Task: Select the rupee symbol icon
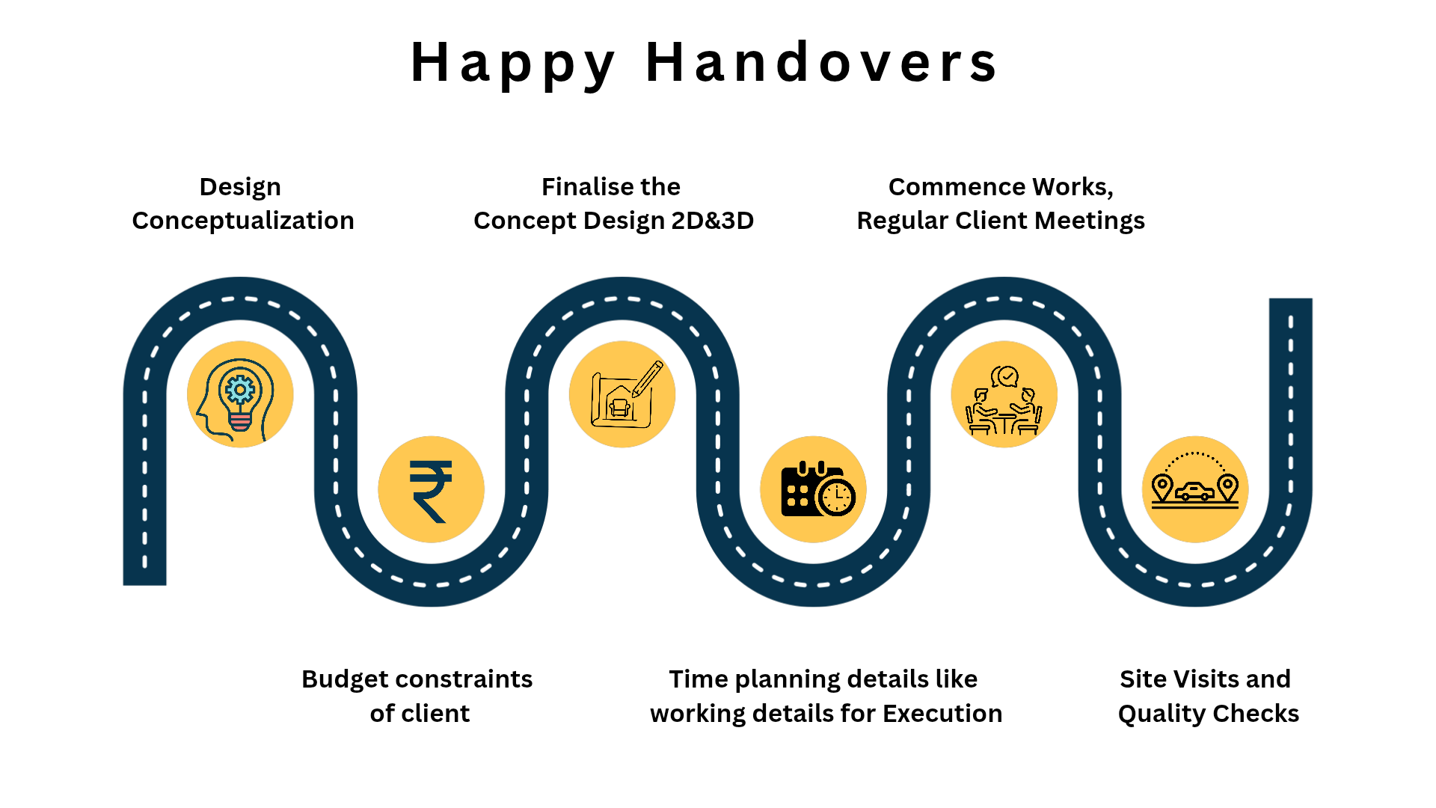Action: tap(431, 491)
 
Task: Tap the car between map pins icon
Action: tap(1195, 481)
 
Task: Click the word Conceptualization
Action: tap(243, 221)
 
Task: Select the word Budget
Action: tap(346, 680)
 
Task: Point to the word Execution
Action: tap(942, 714)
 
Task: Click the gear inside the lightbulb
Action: tap(240, 390)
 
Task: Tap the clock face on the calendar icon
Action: tap(837, 496)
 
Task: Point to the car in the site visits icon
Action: tap(1195, 492)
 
